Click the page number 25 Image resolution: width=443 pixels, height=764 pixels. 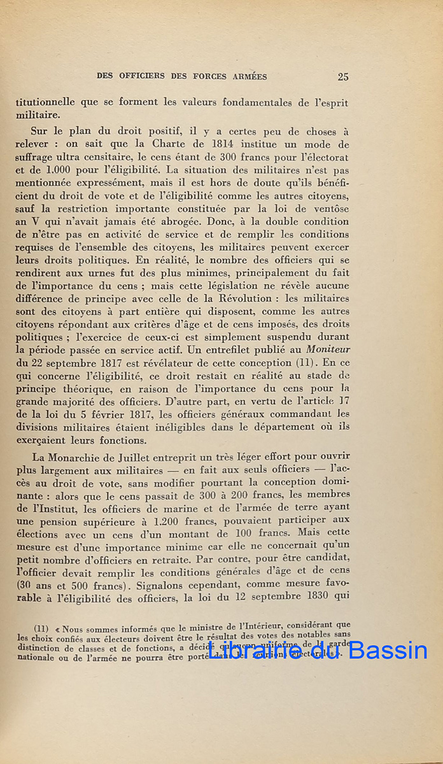tap(343, 77)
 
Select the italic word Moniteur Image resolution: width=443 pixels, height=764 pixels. tap(326, 349)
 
